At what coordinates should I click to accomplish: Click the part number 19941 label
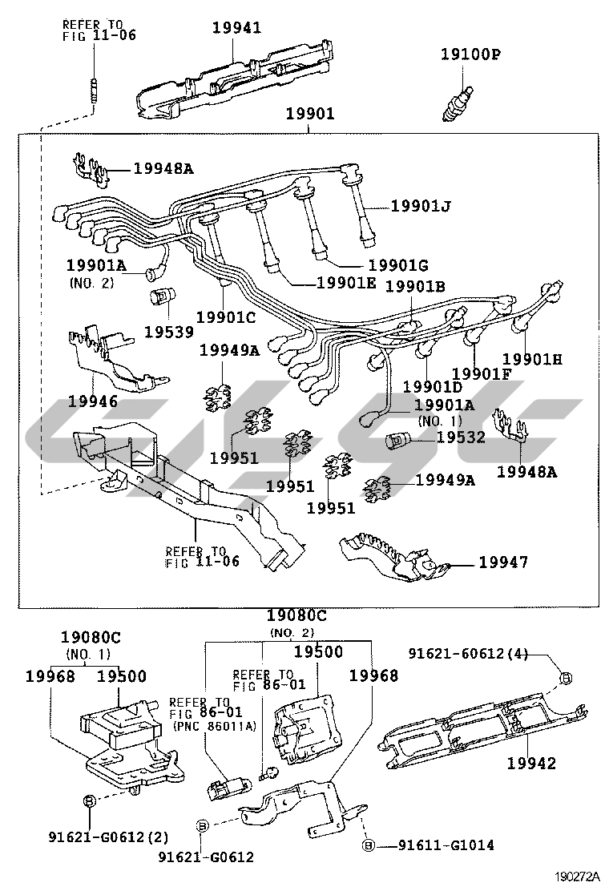[236, 28]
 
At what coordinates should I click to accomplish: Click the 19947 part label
[503, 562]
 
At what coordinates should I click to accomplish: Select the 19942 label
[530, 764]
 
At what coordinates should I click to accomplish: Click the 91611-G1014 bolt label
[448, 845]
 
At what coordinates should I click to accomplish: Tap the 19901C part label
[225, 317]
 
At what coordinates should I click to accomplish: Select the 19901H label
[532, 359]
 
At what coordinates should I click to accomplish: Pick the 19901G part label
[398, 264]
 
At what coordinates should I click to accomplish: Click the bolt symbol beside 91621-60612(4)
[565, 677]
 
